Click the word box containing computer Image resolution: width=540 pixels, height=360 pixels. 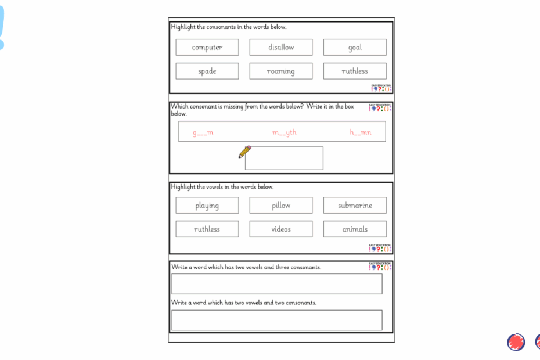point(207,48)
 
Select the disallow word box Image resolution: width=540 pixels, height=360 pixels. point(281,48)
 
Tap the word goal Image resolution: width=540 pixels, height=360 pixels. point(355,48)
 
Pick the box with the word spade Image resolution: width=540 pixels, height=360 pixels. point(207,71)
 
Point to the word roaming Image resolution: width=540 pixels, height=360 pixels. point(281,71)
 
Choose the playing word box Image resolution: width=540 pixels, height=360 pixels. point(207,206)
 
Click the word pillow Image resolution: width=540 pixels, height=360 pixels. point(281,206)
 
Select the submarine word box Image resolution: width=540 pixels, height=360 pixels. point(355,206)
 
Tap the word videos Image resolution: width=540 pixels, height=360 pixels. point(281,229)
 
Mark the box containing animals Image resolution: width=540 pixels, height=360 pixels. point(355,229)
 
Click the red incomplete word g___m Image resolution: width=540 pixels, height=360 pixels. point(203,132)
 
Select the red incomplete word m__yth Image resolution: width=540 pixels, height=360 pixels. point(285,132)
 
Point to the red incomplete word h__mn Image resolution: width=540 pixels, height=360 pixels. point(360,132)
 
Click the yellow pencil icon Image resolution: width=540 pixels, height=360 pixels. point(244,152)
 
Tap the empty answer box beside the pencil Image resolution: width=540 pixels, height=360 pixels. point(285,159)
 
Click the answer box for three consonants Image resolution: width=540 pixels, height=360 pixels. point(277,284)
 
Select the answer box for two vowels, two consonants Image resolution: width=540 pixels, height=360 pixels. point(277,320)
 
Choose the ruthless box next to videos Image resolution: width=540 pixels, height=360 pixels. point(207,229)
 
